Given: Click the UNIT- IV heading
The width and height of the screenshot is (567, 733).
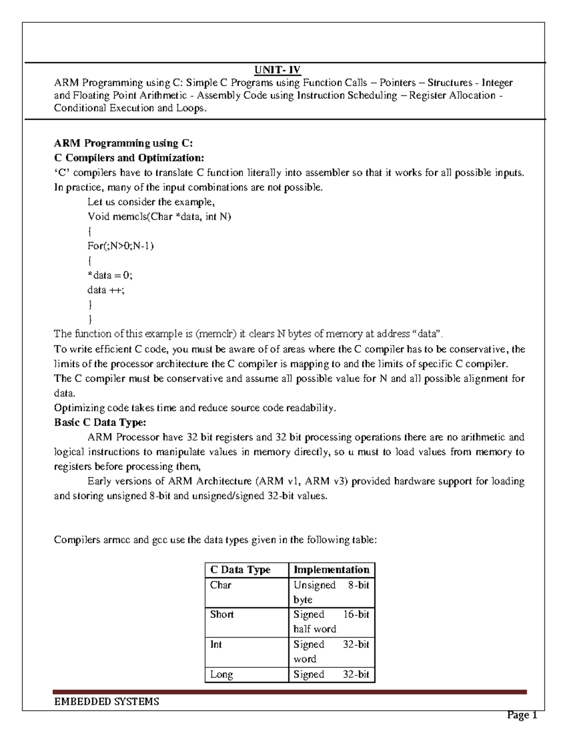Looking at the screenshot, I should point(277,70).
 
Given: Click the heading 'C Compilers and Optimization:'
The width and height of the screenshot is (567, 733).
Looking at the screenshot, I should point(129,158).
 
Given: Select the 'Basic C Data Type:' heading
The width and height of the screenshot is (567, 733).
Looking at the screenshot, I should point(100,422).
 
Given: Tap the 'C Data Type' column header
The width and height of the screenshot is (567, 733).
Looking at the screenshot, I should point(240,570).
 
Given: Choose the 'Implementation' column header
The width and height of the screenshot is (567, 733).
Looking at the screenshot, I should point(331,570).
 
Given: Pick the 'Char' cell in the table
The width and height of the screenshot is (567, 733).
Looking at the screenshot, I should point(221,585).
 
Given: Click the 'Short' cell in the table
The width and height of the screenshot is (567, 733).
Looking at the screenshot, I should point(222,615).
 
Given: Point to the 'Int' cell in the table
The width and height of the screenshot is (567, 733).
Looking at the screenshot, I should point(216,644).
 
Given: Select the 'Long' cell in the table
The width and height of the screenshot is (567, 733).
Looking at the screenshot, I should point(222,674).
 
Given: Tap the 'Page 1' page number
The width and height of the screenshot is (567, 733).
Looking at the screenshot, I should point(522,716).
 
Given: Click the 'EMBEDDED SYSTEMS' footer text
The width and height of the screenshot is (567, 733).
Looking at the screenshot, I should point(107,702).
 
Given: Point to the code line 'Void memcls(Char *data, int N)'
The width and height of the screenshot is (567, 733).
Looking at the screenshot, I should point(159,217).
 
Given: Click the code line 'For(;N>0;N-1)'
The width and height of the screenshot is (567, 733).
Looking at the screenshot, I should point(121,246).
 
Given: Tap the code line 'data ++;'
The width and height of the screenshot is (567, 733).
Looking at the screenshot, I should point(106,290).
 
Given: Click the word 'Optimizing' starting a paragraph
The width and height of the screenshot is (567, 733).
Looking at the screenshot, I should point(79,408).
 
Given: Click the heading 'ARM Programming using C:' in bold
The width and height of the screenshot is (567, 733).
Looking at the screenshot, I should point(123,143).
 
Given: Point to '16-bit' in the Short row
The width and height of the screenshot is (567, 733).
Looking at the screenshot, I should point(356,615).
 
